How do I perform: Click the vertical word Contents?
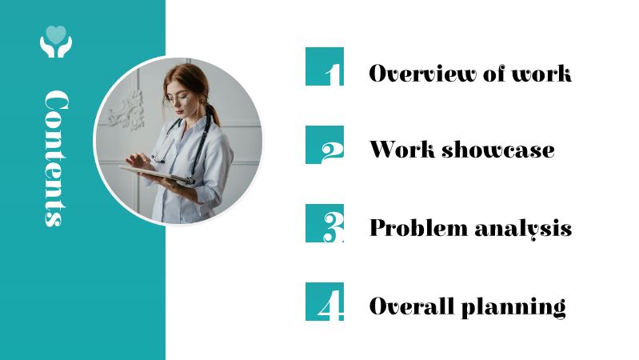pyautogui.click(x=56, y=158)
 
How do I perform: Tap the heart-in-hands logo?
pyautogui.click(x=56, y=42)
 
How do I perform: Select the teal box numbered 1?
pyautogui.click(x=325, y=66)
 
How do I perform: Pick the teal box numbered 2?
pyautogui.click(x=325, y=145)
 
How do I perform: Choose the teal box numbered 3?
pyautogui.click(x=325, y=223)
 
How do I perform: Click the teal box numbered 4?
pyautogui.click(x=325, y=302)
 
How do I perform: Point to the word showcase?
pyautogui.click(x=498, y=150)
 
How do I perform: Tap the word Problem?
pyautogui.click(x=418, y=227)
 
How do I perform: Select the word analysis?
pyautogui.click(x=523, y=228)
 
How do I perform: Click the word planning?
pyautogui.click(x=513, y=306)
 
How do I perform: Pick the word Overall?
pyautogui.click(x=411, y=306)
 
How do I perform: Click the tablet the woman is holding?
pyautogui.click(x=155, y=174)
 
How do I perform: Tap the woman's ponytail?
pyautogui.click(x=214, y=115)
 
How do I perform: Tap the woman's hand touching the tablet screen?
pyautogui.click(x=138, y=161)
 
